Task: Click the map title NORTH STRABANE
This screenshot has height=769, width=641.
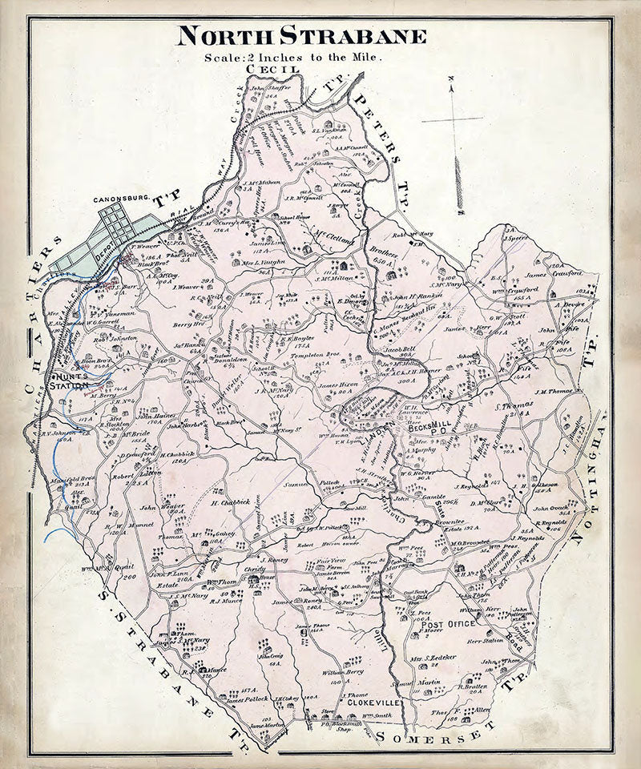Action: (x=302, y=36)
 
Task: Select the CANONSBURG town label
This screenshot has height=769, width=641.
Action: (x=123, y=199)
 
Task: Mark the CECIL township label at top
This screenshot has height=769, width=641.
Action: (x=273, y=70)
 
